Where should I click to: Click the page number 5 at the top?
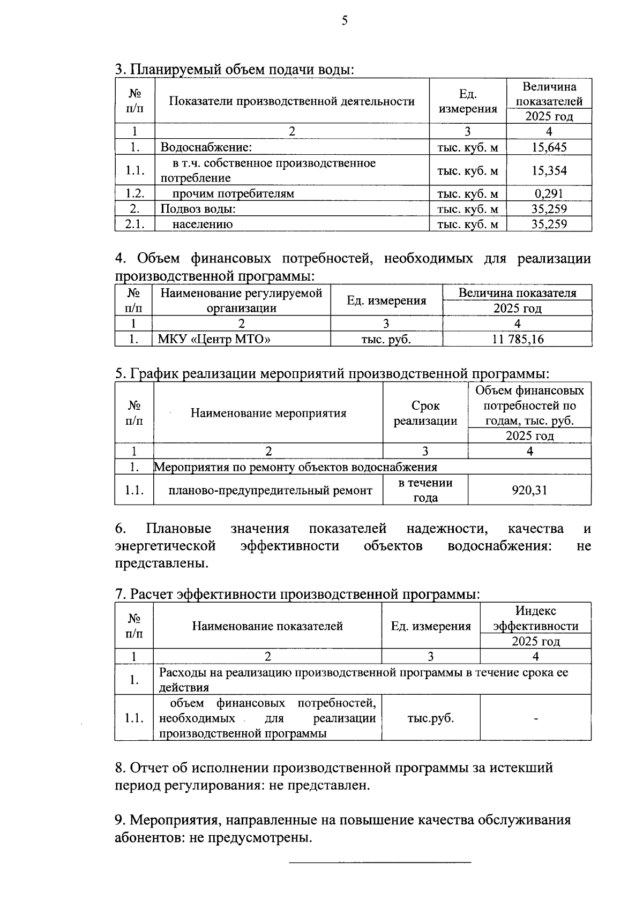pos(344,21)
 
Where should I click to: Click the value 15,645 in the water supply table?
pos(549,147)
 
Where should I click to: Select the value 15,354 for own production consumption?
pos(549,170)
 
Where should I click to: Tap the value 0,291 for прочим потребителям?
pos(549,193)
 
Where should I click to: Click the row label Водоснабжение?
pos(206,147)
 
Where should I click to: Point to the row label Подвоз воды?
pos(199,209)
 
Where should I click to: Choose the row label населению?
pos(203,224)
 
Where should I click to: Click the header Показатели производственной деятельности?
pos(292,101)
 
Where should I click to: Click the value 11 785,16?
pos(517,339)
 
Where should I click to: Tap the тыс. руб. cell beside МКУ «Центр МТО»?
pos(386,339)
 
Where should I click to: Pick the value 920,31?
pos(529,490)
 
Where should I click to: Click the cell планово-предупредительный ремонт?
pos(270,490)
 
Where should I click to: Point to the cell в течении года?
pos(425,490)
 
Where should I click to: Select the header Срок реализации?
pos(425,413)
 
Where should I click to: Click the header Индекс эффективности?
pos(536,618)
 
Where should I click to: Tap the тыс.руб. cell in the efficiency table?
pos(430,718)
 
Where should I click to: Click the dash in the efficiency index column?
pos(536,718)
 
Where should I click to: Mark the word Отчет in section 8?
pos(151,768)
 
